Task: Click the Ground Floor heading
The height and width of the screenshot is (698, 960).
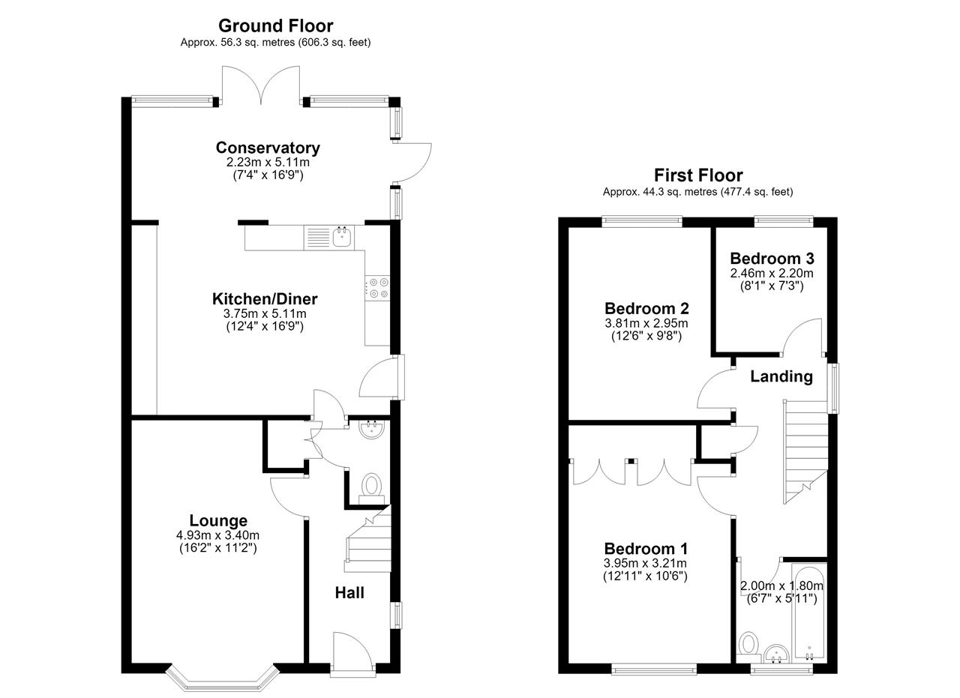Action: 275,26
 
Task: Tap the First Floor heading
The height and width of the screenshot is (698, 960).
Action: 698,175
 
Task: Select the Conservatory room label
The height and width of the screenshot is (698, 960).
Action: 268,148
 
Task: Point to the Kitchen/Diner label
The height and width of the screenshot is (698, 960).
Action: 265,299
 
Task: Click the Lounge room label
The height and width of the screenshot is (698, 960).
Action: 218,520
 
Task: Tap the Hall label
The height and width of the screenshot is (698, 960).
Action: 349,593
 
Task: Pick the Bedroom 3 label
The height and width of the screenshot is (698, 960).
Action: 772,259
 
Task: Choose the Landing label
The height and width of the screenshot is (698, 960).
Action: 781,376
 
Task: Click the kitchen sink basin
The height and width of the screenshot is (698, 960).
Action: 342,238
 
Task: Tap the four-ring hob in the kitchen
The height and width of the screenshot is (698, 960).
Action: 377,288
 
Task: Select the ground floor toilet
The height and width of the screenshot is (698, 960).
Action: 371,490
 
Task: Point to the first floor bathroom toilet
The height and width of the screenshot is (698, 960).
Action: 748,648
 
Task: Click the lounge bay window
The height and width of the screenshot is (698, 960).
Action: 223,682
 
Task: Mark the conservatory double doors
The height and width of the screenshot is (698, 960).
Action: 260,85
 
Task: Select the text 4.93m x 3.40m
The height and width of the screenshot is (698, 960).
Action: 217,535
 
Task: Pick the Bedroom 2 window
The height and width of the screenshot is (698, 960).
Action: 641,221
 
